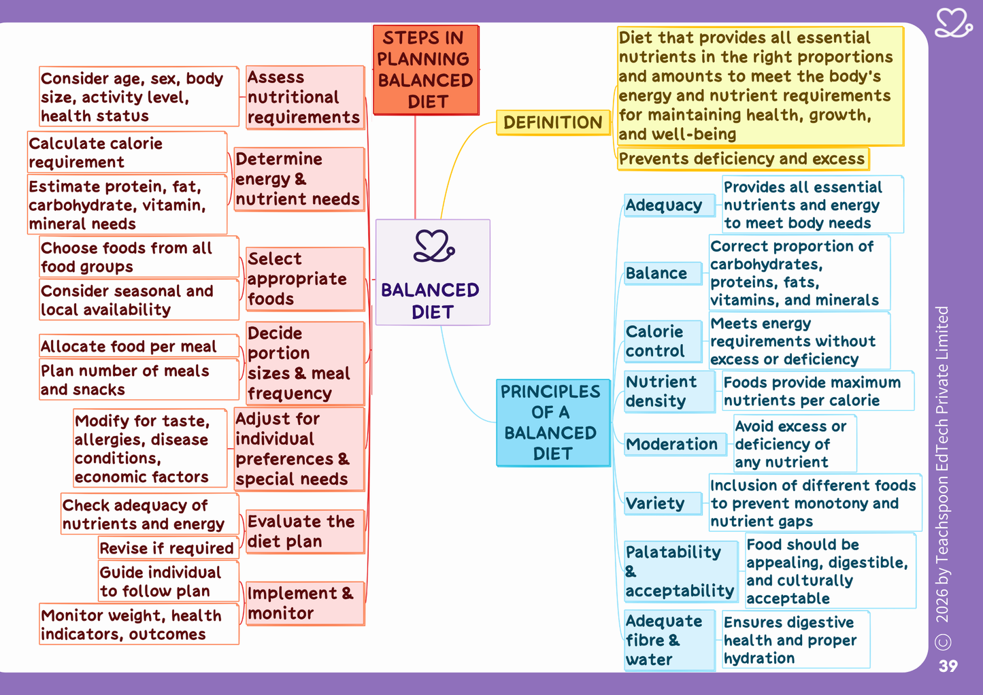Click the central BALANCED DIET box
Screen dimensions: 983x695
(x=433, y=272)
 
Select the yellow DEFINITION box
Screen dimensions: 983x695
(x=553, y=122)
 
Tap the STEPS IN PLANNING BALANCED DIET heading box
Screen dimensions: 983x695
(x=426, y=70)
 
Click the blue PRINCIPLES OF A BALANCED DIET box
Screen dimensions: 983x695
(x=553, y=422)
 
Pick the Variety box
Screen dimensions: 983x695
(x=663, y=503)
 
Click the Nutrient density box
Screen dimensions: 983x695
(x=669, y=392)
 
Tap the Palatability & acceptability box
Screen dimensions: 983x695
(x=681, y=571)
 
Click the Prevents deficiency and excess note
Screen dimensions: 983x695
(x=743, y=159)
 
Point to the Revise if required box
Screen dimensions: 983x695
(x=168, y=548)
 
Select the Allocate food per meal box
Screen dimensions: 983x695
(x=139, y=346)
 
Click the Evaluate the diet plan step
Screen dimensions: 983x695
(x=305, y=532)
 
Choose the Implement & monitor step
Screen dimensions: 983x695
(x=305, y=603)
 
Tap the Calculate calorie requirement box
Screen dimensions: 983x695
(x=127, y=152)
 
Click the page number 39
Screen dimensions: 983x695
(x=948, y=666)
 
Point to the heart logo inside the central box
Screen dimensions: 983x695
(x=434, y=245)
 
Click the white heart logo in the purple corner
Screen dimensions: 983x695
(x=953, y=23)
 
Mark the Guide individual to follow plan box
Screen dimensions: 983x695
(x=168, y=581)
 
